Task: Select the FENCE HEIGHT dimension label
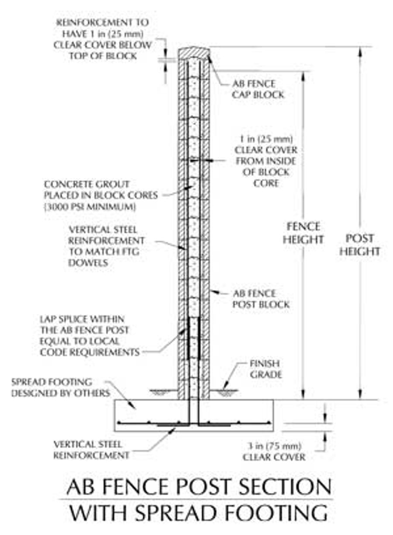(x=303, y=233)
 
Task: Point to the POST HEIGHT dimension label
(x=359, y=245)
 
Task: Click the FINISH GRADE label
(x=265, y=369)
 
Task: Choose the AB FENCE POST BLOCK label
(x=261, y=299)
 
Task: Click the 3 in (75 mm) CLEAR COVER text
(x=274, y=451)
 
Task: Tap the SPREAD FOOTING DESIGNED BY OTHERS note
(x=60, y=387)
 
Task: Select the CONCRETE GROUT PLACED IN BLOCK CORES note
(x=100, y=190)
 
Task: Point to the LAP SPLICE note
(x=87, y=335)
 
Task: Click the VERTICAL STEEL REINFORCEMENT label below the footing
(x=91, y=450)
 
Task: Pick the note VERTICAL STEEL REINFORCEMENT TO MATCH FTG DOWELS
(x=106, y=246)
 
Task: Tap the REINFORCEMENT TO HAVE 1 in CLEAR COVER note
(x=103, y=39)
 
